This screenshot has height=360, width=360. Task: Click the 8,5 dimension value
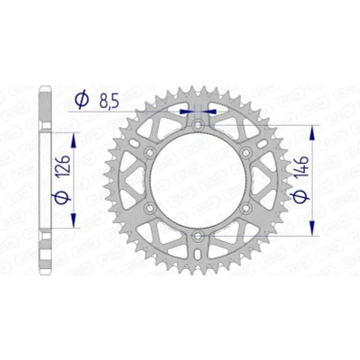(109, 102)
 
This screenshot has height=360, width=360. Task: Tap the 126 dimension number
(64, 166)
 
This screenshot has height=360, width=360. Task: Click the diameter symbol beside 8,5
(82, 99)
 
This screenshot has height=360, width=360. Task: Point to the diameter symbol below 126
(61, 197)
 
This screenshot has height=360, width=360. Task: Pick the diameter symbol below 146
(301, 197)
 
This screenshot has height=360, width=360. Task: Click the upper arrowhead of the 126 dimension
(74, 140)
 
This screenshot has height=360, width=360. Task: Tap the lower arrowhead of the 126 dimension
(74, 220)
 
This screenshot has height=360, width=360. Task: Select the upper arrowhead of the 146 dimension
(312, 133)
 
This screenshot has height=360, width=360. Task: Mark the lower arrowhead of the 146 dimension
(312, 228)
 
